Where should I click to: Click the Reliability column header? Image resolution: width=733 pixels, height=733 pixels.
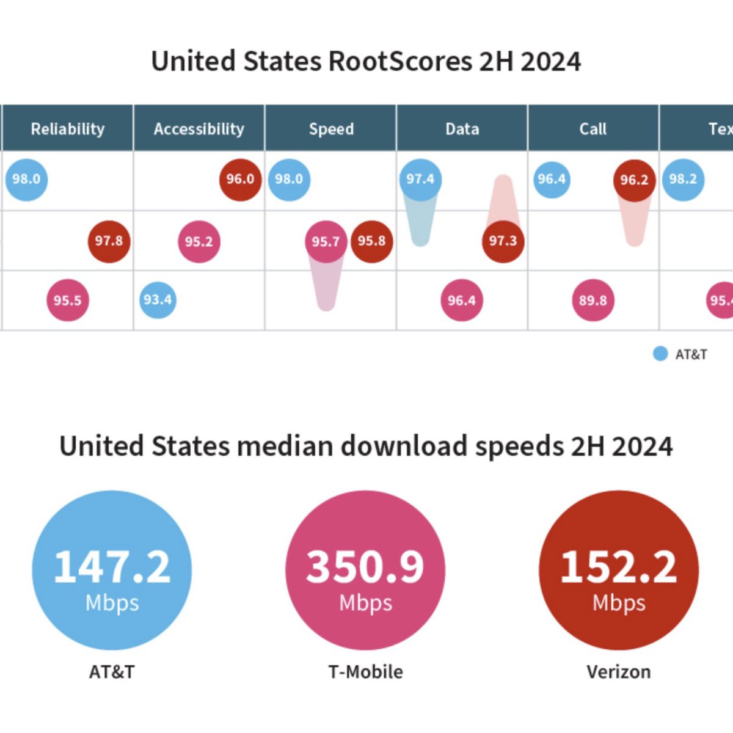68,129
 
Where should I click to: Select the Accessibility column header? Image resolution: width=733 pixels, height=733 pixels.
199,129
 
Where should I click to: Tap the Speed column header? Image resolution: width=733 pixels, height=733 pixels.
331,129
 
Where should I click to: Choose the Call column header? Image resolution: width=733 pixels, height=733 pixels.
593,129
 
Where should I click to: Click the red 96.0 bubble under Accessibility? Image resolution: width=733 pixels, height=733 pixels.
240,179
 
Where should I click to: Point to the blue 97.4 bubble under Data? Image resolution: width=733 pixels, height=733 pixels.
420,179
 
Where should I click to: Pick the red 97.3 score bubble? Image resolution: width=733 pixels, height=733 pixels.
503,241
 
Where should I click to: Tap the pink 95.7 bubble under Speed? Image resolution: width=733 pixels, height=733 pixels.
326,242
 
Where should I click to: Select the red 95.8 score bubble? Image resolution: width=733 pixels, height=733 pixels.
371,241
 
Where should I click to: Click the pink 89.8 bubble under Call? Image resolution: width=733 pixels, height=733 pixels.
593,300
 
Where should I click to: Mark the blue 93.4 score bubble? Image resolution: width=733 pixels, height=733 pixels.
158,300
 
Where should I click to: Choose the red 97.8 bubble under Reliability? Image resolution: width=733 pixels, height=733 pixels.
109,241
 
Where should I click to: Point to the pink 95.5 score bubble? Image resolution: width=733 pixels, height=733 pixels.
67,300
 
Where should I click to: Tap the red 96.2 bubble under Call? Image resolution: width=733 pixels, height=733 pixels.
634,180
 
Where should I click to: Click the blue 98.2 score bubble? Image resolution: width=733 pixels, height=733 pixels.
683,179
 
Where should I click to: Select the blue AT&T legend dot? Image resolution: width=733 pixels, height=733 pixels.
660,354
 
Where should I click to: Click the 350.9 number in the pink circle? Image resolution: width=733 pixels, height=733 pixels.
365,566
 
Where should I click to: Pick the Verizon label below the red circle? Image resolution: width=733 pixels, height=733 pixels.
619,672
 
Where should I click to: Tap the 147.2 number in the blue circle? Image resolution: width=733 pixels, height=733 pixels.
112,566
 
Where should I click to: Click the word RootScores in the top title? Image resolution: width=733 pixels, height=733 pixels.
400,62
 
